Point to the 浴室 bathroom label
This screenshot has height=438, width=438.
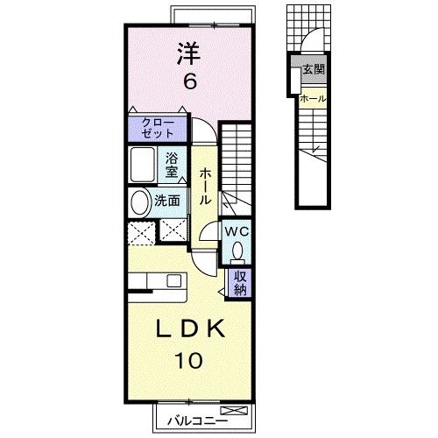(173, 164)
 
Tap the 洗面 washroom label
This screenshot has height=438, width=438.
(167, 201)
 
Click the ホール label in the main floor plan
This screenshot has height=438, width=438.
(204, 187)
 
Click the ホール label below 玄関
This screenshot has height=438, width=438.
(313, 100)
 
